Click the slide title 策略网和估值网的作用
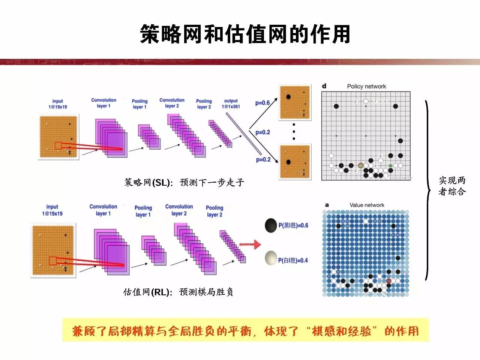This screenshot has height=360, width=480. (x=245, y=34)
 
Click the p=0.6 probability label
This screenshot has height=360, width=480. (x=262, y=103)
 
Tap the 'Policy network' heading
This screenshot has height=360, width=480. (x=366, y=86)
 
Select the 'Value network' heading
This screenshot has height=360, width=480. (x=367, y=205)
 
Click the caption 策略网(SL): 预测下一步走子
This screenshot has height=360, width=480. (x=184, y=183)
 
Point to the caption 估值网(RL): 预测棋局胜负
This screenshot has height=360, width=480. (x=178, y=292)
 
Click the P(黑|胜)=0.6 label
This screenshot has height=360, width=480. (x=293, y=225)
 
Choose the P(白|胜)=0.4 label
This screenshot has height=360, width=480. (x=292, y=260)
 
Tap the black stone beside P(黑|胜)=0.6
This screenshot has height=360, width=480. (x=271, y=225)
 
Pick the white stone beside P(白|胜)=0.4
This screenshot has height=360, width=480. (x=271, y=258)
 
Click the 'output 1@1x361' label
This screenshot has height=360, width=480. (x=231, y=103)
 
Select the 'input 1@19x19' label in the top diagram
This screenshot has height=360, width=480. (x=57, y=104)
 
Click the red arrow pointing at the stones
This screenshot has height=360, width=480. (x=250, y=245)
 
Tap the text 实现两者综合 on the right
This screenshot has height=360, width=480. (x=452, y=186)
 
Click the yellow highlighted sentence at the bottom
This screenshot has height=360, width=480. (x=245, y=331)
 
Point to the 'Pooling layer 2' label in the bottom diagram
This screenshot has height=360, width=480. (x=214, y=211)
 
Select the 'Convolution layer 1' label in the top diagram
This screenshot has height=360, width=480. (x=103, y=103)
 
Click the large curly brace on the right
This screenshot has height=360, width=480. (x=427, y=190)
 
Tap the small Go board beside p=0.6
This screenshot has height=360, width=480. (x=295, y=103)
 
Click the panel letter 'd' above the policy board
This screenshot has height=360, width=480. (x=324, y=86)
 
